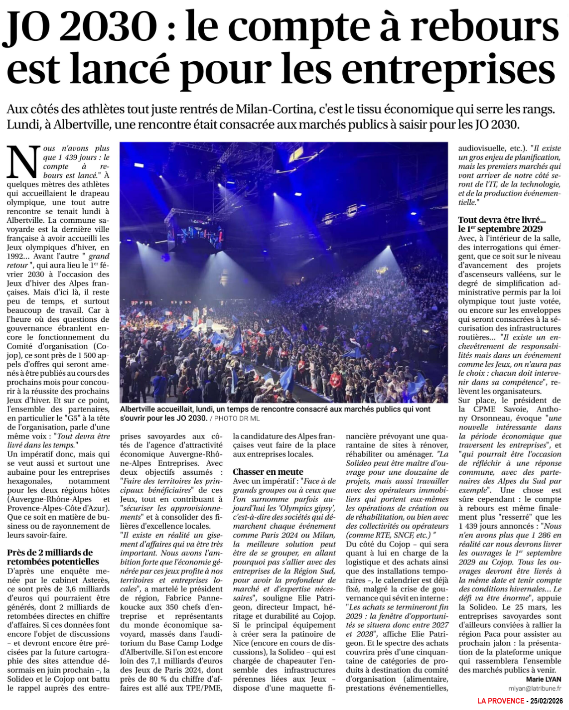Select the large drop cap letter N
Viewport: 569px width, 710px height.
coord(23,162)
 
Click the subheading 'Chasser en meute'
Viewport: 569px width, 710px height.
coord(268,471)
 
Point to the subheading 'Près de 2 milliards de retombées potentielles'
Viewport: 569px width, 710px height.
coord(53,557)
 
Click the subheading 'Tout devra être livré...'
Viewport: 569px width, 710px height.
coord(502,220)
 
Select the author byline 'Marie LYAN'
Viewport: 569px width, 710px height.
coord(543,679)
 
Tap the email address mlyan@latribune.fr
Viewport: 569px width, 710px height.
coord(534,688)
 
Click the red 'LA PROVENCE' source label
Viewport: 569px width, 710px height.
coord(500,701)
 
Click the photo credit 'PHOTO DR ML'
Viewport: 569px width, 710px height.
coord(237,419)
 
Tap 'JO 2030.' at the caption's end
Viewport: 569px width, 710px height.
coord(191,418)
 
